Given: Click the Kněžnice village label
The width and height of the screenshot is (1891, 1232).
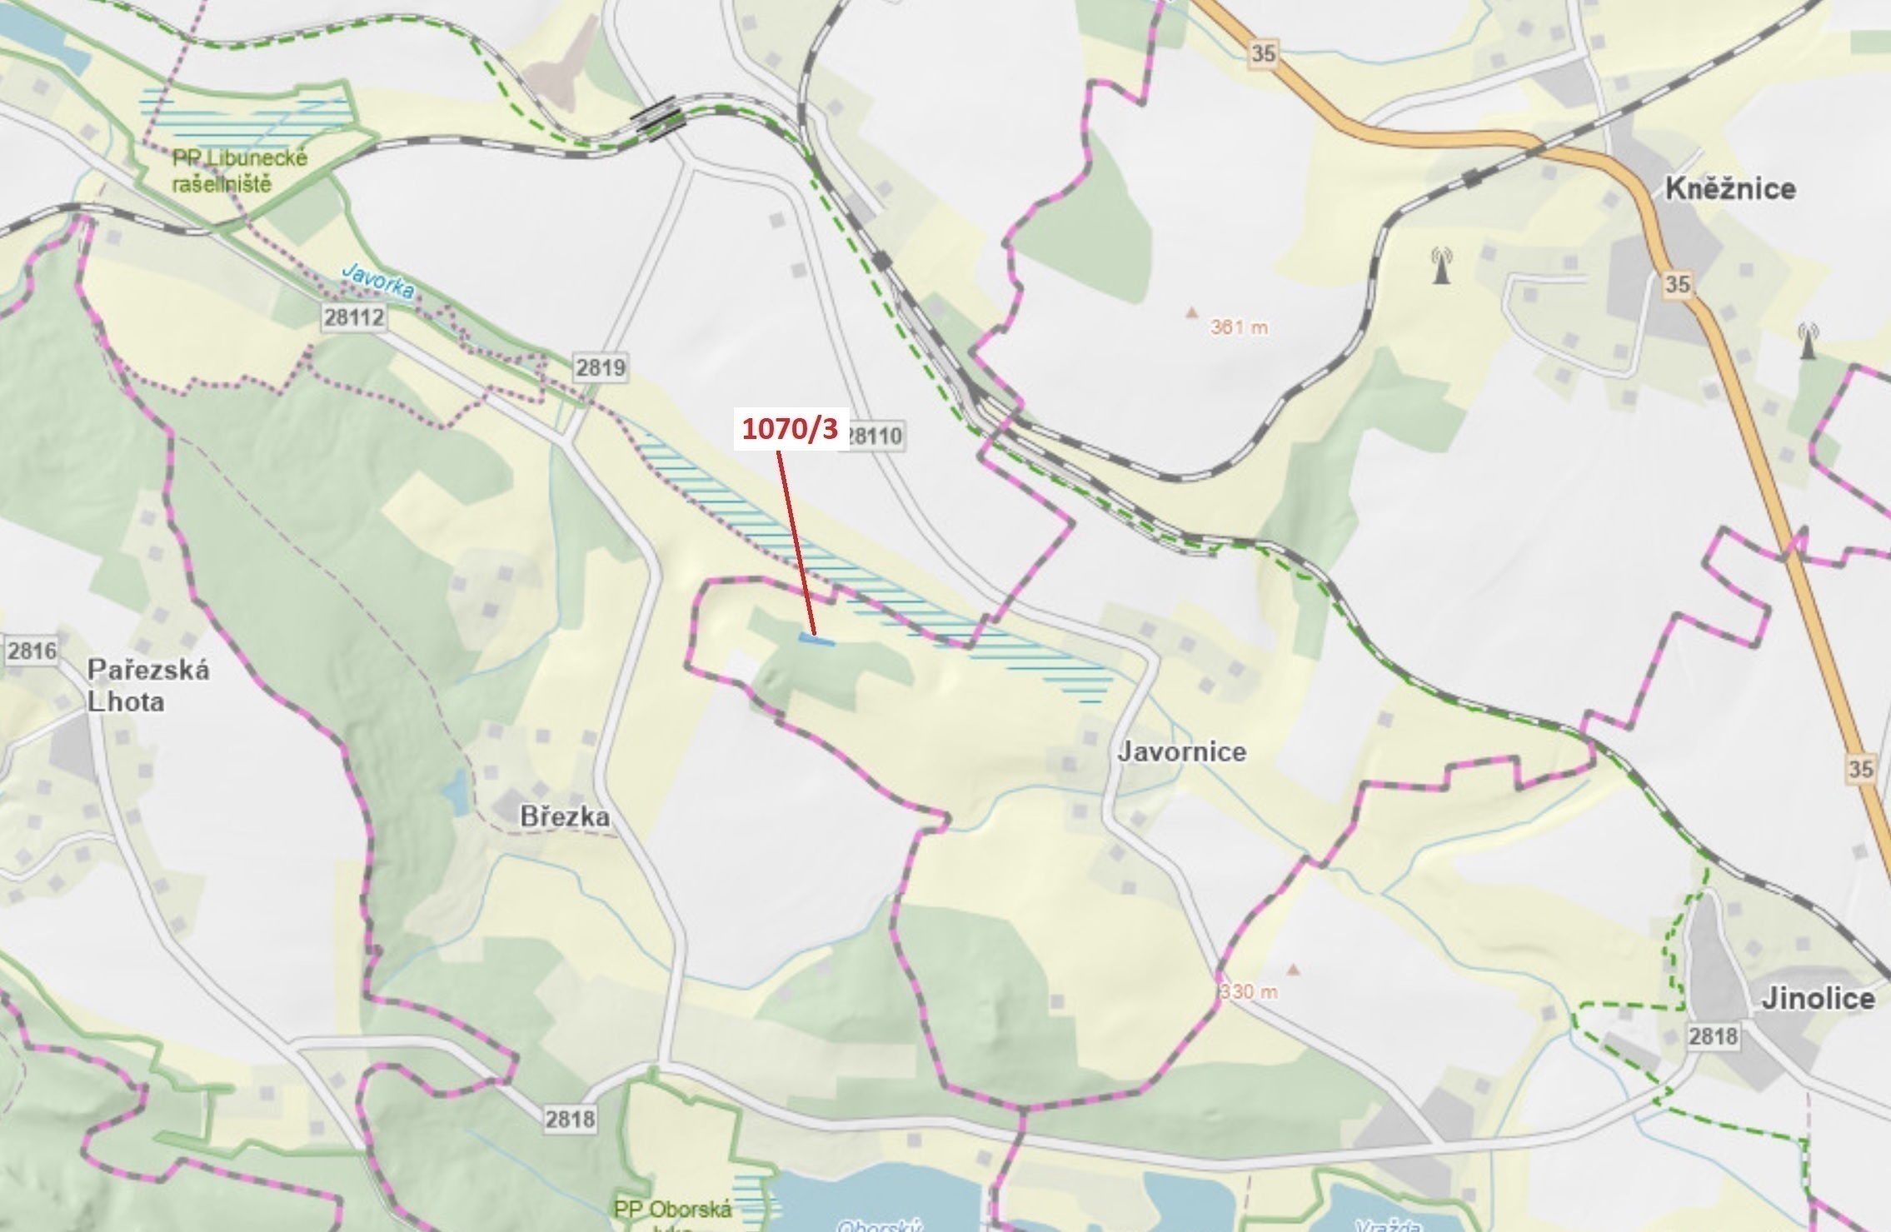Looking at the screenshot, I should pyautogui.click(x=1729, y=189).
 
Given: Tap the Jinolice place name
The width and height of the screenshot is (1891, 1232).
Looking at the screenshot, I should pyautogui.click(x=1817, y=998).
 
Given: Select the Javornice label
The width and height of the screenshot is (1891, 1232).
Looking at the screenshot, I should pyautogui.click(x=1181, y=751).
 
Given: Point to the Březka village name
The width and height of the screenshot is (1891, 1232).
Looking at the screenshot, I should pyautogui.click(x=564, y=816).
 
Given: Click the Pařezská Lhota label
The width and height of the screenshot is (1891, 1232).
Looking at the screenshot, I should pyautogui.click(x=147, y=686).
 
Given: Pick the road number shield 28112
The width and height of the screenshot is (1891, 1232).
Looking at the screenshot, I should pyautogui.click(x=354, y=317).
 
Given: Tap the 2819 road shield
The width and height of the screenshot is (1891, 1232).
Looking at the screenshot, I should pyautogui.click(x=600, y=367).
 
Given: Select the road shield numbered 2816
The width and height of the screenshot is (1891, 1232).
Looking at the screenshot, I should pyautogui.click(x=32, y=650).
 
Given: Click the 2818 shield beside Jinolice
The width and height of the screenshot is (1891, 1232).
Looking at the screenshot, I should pyautogui.click(x=1713, y=1036).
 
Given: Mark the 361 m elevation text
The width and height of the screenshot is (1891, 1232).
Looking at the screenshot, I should pyautogui.click(x=1239, y=327).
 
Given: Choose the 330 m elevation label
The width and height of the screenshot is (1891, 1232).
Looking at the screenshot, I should pyautogui.click(x=1249, y=992).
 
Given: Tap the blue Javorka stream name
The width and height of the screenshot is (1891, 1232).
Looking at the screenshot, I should pyautogui.click(x=379, y=281).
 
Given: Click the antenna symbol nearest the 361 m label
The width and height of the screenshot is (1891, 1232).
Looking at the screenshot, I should pyautogui.click(x=1441, y=265).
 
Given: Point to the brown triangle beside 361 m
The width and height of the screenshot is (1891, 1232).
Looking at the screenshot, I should pyautogui.click(x=1191, y=313).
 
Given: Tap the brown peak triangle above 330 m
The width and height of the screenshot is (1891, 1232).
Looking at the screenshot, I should pyautogui.click(x=1293, y=969).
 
